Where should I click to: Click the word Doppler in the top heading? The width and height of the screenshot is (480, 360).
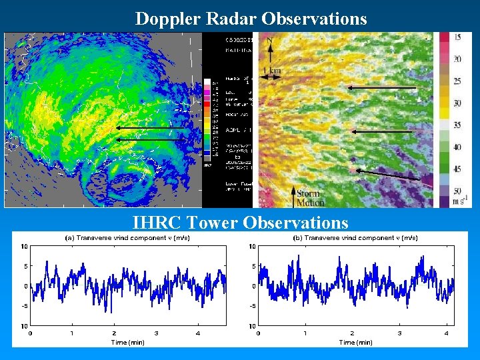pos(163,19)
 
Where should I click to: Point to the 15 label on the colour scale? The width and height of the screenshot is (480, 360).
pos(457,38)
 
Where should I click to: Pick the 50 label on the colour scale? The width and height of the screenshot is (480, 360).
pos(457,191)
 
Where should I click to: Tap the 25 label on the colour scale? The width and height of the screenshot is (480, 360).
pos(457,81)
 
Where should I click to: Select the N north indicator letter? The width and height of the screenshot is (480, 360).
pos(269,41)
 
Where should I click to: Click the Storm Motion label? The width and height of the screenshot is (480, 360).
pos(309,198)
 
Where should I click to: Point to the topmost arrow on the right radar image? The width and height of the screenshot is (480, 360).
pos(381,87)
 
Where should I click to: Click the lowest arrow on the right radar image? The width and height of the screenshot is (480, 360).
pos(388,175)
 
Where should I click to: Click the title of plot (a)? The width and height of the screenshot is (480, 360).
pos(127,238)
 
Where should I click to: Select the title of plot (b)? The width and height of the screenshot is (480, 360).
pos(355,238)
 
